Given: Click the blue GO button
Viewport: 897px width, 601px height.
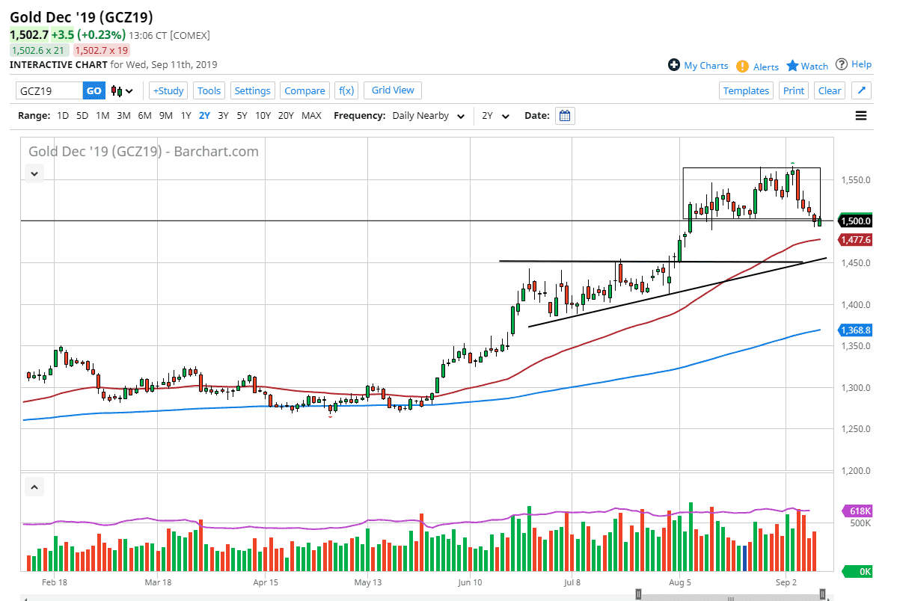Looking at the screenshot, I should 94,90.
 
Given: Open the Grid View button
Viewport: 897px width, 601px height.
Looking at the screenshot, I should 393,90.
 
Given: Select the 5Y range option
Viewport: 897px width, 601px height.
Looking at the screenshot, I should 242,116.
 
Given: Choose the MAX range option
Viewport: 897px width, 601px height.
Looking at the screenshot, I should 311,116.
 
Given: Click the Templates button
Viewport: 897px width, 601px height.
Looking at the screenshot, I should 746,90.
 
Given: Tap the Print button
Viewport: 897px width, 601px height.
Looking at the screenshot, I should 794,90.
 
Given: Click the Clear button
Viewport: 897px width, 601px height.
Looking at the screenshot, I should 830,90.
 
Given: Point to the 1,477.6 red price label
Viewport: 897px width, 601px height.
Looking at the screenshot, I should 856,240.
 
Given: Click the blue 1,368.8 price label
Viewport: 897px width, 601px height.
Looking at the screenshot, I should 856,330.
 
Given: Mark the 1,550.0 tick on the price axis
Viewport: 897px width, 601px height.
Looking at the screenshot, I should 854,180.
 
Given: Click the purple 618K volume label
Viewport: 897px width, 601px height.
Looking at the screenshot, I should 859,511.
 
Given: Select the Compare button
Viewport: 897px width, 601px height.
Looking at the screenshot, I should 304,90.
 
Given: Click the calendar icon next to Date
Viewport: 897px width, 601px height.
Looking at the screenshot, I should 565,116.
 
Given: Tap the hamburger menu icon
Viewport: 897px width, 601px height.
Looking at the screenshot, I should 861,116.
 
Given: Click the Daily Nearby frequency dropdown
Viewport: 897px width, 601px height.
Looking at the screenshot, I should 430,116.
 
